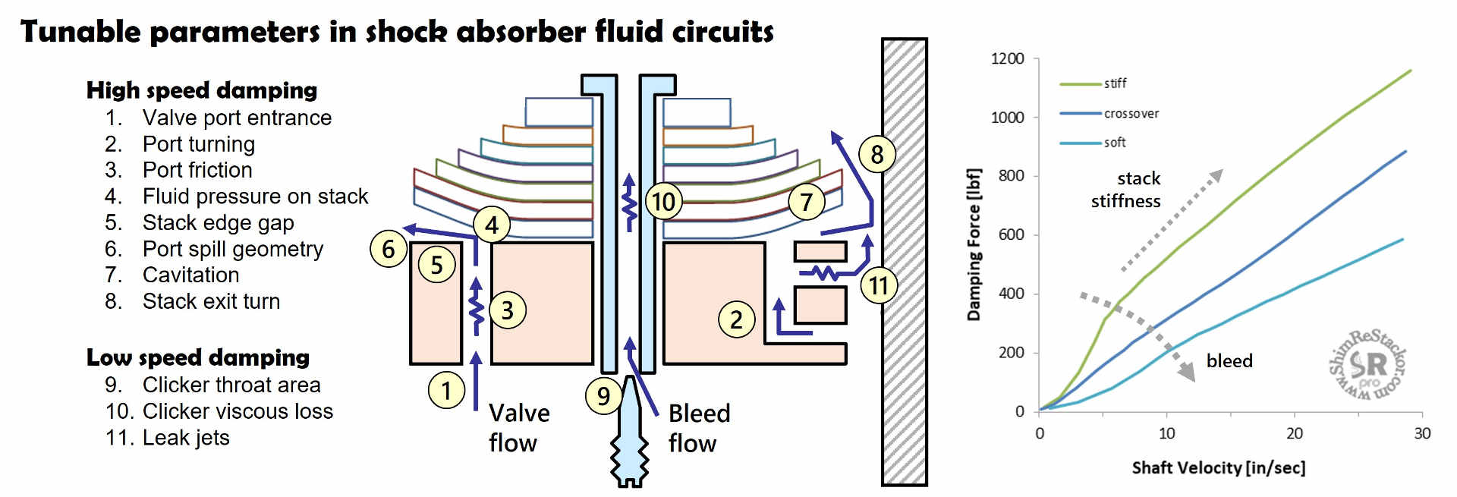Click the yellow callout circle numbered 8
876,154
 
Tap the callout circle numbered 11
878,285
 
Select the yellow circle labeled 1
446,390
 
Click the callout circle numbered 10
663,202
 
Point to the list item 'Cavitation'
190,275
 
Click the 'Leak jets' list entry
185,438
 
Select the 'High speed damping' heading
202,90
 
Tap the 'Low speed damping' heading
198,357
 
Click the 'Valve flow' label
519,428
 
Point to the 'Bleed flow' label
699,428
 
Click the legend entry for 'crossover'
1131,114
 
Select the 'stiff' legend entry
1115,83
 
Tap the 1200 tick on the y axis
1007,59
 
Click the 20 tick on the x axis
1294,433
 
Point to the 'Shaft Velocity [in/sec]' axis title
1218,468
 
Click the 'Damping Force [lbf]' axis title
974,244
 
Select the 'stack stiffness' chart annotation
1126,190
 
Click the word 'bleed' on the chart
1229,361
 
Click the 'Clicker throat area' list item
231,385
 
